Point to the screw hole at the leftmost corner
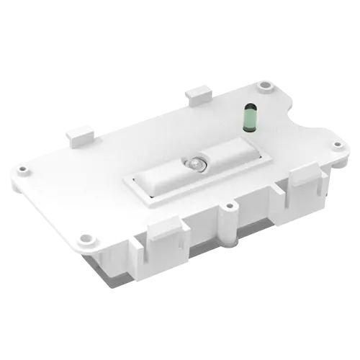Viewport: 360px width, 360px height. tap(24, 170)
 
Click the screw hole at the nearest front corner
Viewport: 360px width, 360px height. tap(87, 236)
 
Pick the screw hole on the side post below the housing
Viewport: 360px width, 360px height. tap(229, 207)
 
